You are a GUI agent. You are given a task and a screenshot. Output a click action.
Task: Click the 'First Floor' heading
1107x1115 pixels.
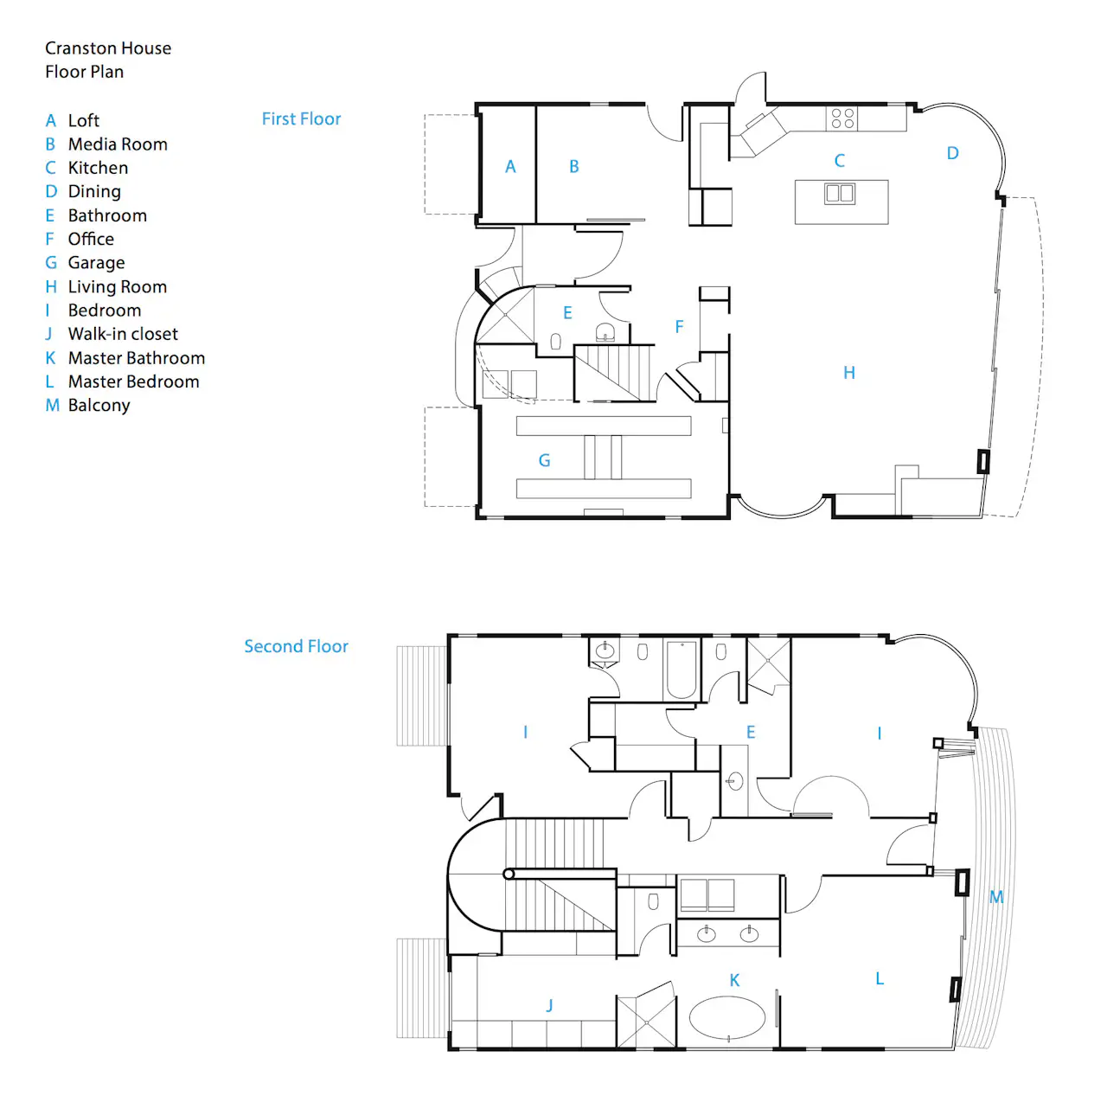pyautogui.click(x=301, y=119)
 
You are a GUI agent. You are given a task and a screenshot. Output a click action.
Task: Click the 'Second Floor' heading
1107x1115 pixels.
pyautogui.click(x=296, y=646)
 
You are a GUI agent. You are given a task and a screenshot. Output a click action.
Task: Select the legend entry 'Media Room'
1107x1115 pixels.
pyautogui.click(x=118, y=144)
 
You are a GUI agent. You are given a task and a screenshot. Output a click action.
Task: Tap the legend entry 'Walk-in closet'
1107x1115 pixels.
pyautogui.click(x=123, y=334)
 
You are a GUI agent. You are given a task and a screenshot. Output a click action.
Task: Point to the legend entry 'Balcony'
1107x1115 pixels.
pyautogui.click(x=99, y=405)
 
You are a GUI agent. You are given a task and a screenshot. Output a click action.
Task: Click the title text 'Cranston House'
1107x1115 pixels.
pyautogui.click(x=108, y=48)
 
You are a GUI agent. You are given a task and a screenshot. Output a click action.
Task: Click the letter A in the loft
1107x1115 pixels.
pyautogui.click(x=509, y=167)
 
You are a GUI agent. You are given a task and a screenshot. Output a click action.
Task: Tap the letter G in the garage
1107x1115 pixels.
pyautogui.click(x=544, y=460)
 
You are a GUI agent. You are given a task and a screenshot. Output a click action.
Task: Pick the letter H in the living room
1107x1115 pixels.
pyautogui.click(x=849, y=373)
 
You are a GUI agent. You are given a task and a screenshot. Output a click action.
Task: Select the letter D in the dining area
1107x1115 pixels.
pyautogui.click(x=952, y=153)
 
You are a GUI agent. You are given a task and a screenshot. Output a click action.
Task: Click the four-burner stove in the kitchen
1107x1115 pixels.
pyautogui.click(x=842, y=119)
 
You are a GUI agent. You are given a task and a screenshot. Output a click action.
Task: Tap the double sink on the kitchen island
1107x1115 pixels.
pyautogui.click(x=840, y=193)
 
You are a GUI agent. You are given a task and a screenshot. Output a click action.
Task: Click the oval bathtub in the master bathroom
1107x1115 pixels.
pyautogui.click(x=727, y=1017)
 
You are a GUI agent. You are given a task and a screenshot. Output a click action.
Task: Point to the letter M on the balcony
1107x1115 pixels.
pyautogui.click(x=996, y=897)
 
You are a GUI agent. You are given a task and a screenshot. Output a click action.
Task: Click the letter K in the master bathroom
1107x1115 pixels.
pyautogui.click(x=734, y=980)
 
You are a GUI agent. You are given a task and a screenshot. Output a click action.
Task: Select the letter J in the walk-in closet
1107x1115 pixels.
pyautogui.click(x=549, y=1005)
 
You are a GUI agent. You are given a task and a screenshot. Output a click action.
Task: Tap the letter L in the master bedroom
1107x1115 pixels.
pyautogui.click(x=879, y=978)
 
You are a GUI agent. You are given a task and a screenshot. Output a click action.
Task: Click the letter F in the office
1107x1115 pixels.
pyautogui.click(x=680, y=327)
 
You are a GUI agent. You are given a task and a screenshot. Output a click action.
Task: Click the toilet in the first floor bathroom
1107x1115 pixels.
pyautogui.click(x=555, y=342)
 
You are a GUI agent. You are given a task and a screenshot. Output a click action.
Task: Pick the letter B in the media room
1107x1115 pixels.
pyautogui.click(x=573, y=167)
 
